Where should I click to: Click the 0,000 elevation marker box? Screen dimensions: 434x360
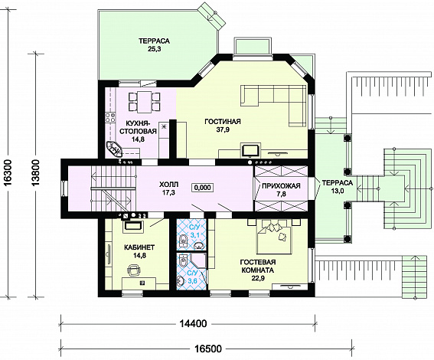tap(202, 188)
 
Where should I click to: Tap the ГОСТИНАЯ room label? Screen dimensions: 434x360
tap(223, 121)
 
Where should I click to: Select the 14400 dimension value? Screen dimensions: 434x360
tap(194, 323)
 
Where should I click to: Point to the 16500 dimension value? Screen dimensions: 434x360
tap(208, 349)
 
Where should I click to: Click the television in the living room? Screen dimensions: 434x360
tap(251, 150)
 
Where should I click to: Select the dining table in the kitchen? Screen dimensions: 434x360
tap(145, 102)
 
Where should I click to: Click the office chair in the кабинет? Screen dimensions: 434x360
tap(134, 270)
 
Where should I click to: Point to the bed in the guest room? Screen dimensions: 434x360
tap(274, 237)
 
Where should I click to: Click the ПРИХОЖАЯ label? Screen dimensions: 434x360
tap(281, 186)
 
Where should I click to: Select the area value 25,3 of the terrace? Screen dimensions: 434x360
tap(154, 50)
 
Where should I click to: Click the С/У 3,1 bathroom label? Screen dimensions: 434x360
tap(194, 231)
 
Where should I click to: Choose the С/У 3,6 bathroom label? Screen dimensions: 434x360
tap(193, 277)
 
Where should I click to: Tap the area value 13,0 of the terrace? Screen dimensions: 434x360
tap(337, 190)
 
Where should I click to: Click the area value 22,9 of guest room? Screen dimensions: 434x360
tap(258, 278)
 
